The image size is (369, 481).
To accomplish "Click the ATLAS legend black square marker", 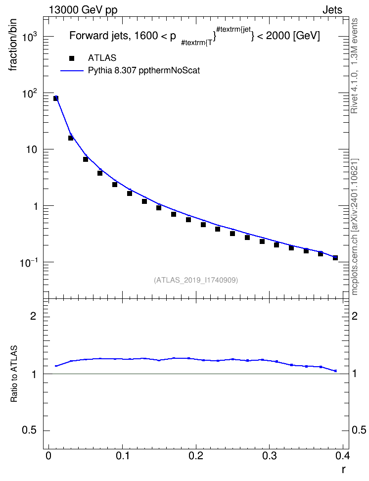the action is pyautogui.click(x=71, y=58).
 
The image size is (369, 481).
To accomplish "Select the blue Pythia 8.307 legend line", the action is pyautogui.click(x=72, y=71).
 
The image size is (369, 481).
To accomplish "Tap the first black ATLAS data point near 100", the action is pyautogui.click(x=56, y=98).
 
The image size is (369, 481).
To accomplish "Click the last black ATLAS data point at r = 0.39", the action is pyautogui.click(x=335, y=258).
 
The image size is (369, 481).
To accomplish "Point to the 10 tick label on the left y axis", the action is pyautogui.click(x=31, y=150).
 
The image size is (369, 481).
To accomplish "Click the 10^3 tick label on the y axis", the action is pyautogui.click(x=30, y=37).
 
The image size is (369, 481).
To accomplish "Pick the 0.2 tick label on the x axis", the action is pyautogui.click(x=196, y=456).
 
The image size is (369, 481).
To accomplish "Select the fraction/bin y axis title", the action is pyautogui.click(x=13, y=45).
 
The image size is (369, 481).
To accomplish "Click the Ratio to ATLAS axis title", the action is pyautogui.click(x=14, y=374).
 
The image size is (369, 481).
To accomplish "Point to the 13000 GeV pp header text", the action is pyautogui.click(x=83, y=10).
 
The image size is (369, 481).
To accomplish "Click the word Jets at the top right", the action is pyautogui.click(x=332, y=10).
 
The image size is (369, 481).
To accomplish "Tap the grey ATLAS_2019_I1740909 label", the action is pyautogui.click(x=196, y=280).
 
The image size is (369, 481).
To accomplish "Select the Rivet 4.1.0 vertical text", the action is pyautogui.click(x=354, y=66).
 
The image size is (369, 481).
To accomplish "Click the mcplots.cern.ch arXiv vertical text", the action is pyautogui.click(x=354, y=227).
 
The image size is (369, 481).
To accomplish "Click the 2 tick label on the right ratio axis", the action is pyautogui.click(x=355, y=316).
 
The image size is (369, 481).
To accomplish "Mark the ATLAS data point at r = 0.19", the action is pyautogui.click(x=188, y=220).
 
